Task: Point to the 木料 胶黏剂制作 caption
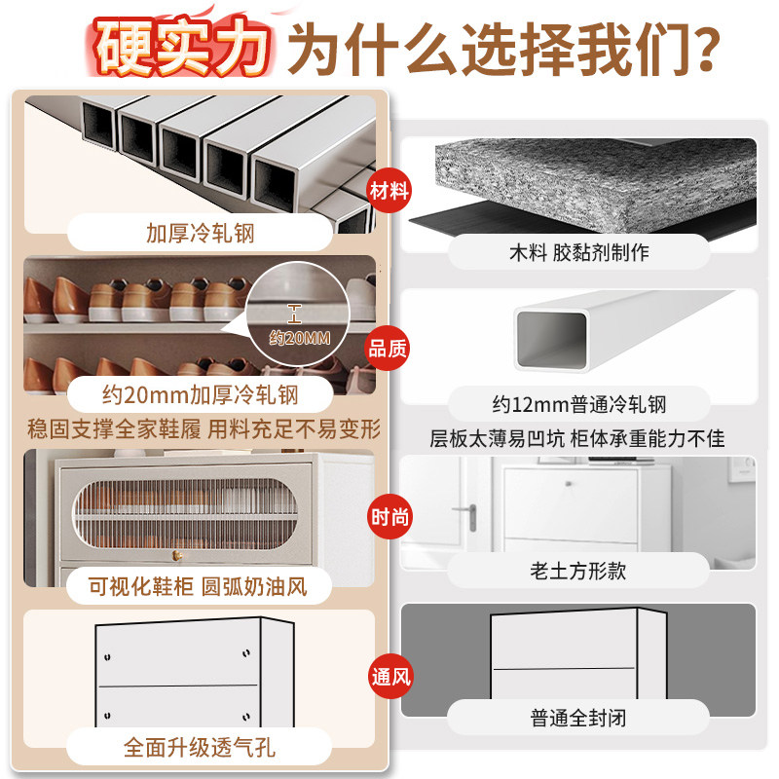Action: coord(578,253)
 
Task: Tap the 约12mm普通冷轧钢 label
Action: coord(578,403)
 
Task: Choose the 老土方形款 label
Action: coord(578,571)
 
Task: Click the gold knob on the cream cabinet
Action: coord(178,555)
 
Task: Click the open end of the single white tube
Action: coord(549,339)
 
